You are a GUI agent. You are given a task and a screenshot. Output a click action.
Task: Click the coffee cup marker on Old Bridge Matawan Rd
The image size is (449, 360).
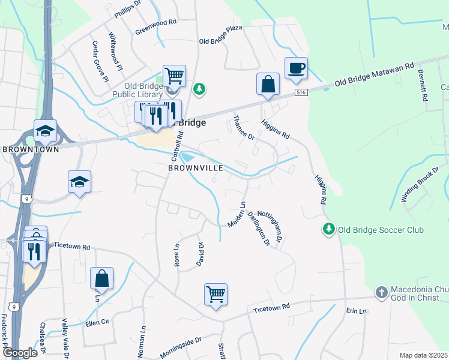(x=295, y=68)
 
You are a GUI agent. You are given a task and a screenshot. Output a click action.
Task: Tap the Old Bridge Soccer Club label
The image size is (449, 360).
(x=380, y=230)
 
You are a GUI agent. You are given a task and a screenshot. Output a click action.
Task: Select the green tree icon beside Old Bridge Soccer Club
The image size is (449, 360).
(x=328, y=229)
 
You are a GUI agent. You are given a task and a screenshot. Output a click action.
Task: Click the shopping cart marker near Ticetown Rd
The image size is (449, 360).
(x=215, y=295)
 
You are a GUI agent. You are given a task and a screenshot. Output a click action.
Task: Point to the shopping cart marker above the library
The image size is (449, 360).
(x=174, y=76)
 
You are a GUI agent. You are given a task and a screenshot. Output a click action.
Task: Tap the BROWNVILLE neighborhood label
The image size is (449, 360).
(x=196, y=168)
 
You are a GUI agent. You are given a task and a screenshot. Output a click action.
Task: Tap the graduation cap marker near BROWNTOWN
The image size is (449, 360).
(x=46, y=131)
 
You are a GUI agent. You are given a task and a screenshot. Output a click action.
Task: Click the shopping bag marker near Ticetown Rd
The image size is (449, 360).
(x=101, y=278)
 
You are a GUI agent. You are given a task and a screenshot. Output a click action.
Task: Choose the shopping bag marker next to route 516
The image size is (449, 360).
(x=268, y=84)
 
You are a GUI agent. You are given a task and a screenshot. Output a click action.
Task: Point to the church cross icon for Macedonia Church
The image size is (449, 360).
(x=381, y=292)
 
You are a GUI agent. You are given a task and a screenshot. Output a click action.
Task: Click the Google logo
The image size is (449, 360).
(x=19, y=353)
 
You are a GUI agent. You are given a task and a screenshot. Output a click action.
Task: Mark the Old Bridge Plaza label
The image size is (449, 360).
(x=220, y=42)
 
